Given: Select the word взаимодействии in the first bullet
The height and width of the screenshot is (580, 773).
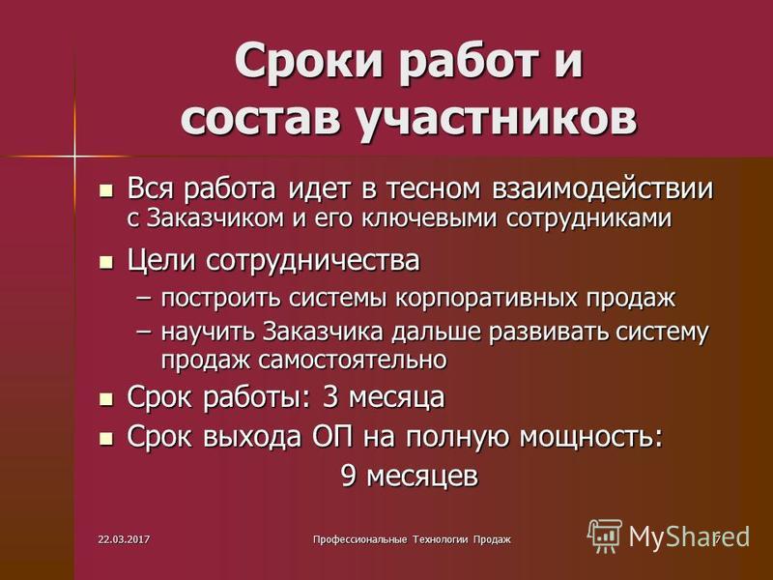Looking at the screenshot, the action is point(602,188).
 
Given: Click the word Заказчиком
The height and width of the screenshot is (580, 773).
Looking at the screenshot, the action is point(215,217).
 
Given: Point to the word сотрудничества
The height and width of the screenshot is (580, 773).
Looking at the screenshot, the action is point(312,260).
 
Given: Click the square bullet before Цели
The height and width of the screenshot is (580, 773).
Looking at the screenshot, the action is point(105,261).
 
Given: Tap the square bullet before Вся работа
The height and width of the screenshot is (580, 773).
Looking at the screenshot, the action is point(105,190).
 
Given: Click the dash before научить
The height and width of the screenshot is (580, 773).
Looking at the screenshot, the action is point(144,333).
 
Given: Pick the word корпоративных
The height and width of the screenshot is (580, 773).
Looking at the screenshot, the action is point(487,299).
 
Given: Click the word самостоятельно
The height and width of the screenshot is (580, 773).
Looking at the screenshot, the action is point(353,360).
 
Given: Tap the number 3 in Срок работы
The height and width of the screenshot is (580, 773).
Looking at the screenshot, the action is point(329,397).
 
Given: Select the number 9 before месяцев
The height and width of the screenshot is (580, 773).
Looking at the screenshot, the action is point(348,476).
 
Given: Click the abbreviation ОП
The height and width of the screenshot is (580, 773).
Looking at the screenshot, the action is point(332,437).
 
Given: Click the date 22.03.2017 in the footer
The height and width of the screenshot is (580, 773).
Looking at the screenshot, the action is point(125,539).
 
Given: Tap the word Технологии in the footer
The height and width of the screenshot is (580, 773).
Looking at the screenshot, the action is point(441,539).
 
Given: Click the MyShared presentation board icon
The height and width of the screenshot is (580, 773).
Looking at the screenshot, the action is point(605,536).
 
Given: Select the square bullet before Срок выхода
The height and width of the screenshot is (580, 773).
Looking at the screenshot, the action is point(105,438).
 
